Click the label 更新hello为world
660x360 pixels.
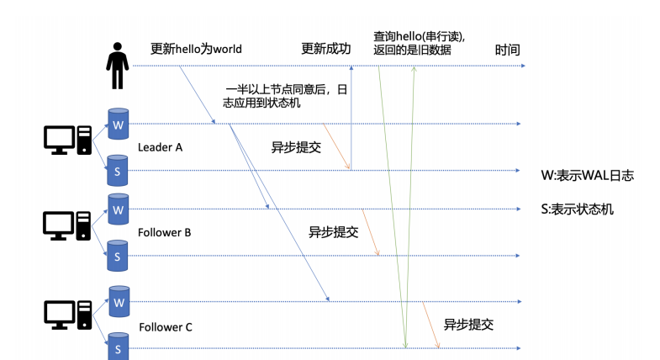point(196,49)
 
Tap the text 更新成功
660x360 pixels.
point(325,49)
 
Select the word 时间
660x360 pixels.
point(507,50)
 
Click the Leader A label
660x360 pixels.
point(160,147)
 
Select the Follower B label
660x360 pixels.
point(165,231)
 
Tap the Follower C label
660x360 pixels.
point(166,326)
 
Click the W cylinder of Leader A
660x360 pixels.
point(119,124)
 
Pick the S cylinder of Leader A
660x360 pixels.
point(119,171)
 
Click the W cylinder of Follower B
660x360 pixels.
point(119,209)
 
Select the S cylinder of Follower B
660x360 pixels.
point(119,255)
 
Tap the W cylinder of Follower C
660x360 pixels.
point(119,301)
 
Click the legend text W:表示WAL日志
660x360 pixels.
point(587,176)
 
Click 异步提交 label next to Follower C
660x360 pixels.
point(468,324)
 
